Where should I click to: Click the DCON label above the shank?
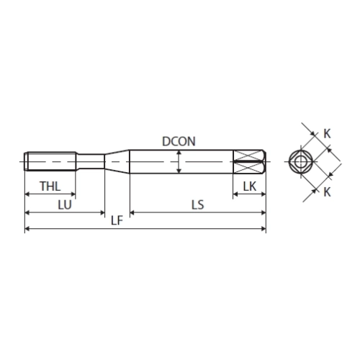click(179, 141)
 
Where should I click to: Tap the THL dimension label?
click(50, 186)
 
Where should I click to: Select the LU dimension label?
click(65, 205)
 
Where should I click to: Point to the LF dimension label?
click(117, 220)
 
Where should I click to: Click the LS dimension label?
click(198, 205)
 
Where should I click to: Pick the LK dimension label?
click(250, 186)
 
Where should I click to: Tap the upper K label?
click(327, 134)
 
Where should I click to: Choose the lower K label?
click(327, 192)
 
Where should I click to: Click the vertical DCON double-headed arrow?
click(179, 161)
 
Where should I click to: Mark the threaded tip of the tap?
click(50, 161)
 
